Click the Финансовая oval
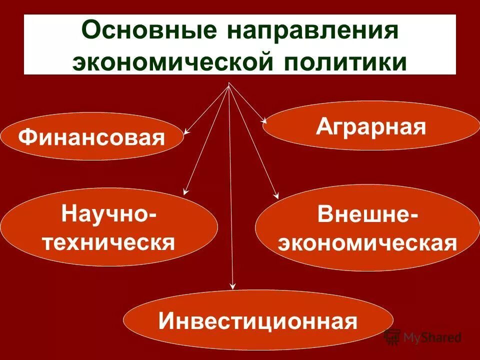click(91, 136)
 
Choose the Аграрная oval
click(371, 125)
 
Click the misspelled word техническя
click(109, 243)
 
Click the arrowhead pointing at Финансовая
click(186, 132)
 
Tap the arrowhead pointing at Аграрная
click(265, 120)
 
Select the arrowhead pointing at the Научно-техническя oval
click(185, 191)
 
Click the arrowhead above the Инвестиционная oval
click(232, 286)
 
